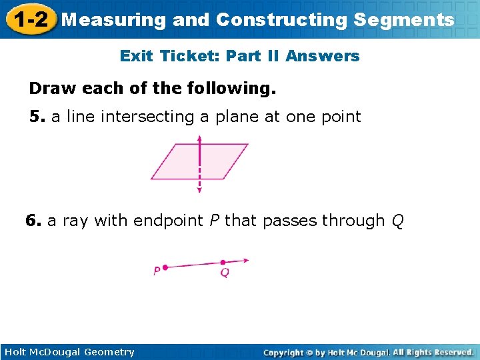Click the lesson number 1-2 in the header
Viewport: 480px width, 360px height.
pos(28,19)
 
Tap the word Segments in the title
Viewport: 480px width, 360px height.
pos(404,20)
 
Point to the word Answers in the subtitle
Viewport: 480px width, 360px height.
pos(323,57)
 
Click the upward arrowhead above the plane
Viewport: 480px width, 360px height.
pos(199,138)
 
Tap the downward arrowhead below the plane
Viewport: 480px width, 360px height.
pos(199,190)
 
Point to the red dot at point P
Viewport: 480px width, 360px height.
pos(165,267)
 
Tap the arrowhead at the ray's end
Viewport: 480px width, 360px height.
pos(245,261)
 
